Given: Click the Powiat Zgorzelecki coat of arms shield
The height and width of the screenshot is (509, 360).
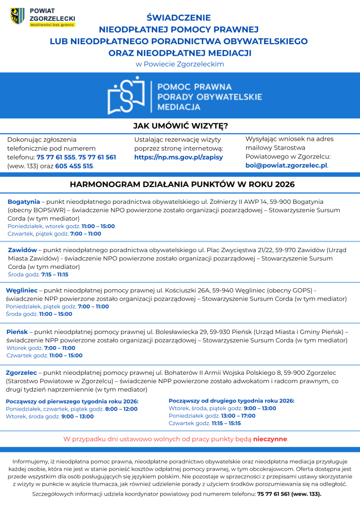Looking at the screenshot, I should click(x=17, y=16).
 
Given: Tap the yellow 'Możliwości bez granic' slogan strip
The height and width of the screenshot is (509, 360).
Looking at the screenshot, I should click(x=52, y=24).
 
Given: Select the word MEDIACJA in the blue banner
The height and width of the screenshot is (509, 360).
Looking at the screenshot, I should click(x=179, y=107).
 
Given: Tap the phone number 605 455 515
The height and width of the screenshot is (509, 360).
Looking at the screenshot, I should click(x=74, y=166).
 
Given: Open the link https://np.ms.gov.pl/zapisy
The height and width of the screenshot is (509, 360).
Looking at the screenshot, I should click(x=179, y=157).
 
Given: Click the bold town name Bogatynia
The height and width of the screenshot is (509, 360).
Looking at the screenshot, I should click(x=23, y=202).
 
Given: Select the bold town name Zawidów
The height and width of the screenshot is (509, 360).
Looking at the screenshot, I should click(x=22, y=250).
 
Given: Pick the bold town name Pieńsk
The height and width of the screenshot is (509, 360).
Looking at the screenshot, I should click(x=17, y=332).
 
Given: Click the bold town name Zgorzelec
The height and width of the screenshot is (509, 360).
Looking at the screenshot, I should click(x=22, y=372).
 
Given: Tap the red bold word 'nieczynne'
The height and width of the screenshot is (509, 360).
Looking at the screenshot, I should click(x=270, y=439).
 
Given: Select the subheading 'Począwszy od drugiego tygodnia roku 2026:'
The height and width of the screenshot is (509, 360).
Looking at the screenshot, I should click(x=231, y=400).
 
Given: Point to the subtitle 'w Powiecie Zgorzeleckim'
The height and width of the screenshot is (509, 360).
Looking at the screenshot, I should click(x=180, y=64).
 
